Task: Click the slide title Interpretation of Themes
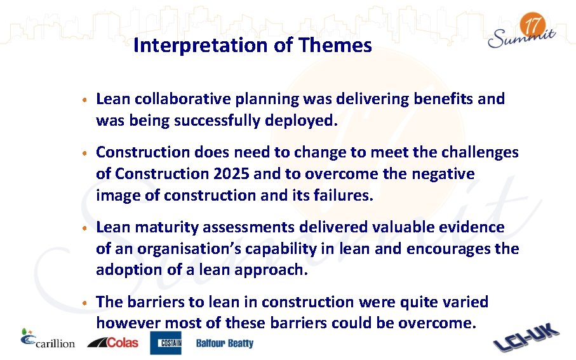tap(253, 46)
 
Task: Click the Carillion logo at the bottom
tap(48, 341)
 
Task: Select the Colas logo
tap(113, 342)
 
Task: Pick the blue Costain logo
tap(166, 343)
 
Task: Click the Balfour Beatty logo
tap(224, 343)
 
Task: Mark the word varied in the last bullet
tap(465, 302)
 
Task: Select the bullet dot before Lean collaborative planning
tap(84, 100)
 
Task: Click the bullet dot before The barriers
tap(84, 303)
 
